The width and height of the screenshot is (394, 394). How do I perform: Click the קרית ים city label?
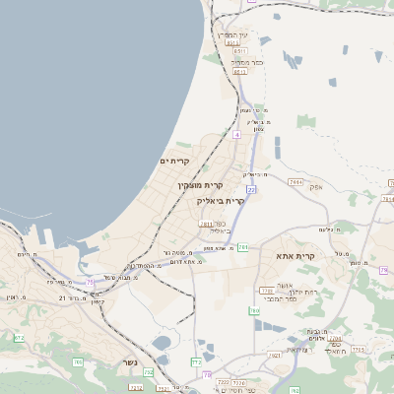click(x=173, y=161)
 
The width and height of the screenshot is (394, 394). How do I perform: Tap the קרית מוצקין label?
click(x=200, y=185)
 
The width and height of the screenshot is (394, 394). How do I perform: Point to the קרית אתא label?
click(x=295, y=256)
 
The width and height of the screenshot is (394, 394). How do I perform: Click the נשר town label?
click(x=130, y=361)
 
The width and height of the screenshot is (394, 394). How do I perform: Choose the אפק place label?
click(x=316, y=185)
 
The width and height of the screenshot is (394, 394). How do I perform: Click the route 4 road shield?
click(x=236, y=134)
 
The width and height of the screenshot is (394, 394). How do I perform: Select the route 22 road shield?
click(x=251, y=188)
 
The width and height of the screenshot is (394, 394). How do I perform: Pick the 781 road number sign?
click(x=242, y=246)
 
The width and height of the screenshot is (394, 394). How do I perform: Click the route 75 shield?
click(x=92, y=282)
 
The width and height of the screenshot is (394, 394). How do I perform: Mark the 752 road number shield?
click(x=149, y=371)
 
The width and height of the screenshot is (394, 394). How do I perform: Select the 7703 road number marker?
click(x=265, y=290)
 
